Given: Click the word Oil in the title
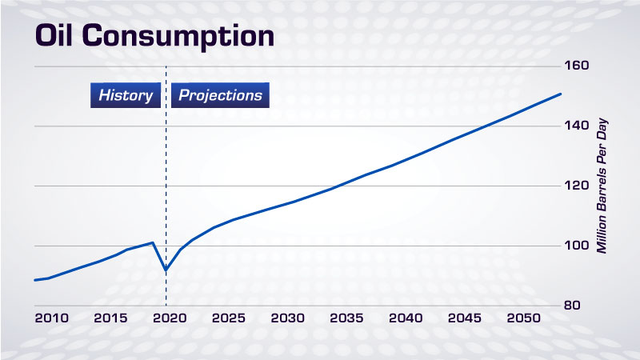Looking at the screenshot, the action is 54,35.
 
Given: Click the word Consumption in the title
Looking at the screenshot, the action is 178,37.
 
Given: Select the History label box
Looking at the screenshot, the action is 126,95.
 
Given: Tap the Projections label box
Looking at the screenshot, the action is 221,95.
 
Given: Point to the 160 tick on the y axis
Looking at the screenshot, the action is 576,66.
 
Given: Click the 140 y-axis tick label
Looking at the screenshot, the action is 576,126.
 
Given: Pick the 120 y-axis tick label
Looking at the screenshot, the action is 576,186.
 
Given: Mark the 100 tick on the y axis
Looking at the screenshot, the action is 576,246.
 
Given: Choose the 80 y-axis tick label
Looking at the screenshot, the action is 572,306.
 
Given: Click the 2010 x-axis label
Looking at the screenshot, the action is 52,318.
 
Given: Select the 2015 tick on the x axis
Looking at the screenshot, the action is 110,318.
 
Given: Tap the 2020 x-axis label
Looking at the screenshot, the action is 170,318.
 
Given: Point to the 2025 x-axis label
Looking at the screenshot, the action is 229,318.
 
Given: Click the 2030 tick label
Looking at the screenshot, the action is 288,318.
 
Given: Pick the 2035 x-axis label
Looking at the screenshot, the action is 346,318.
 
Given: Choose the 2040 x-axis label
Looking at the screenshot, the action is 406,318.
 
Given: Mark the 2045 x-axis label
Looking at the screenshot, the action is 465,318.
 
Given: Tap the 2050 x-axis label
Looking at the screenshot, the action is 524,318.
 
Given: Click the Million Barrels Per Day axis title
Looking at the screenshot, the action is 602,186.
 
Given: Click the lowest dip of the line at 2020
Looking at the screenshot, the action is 166,270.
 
